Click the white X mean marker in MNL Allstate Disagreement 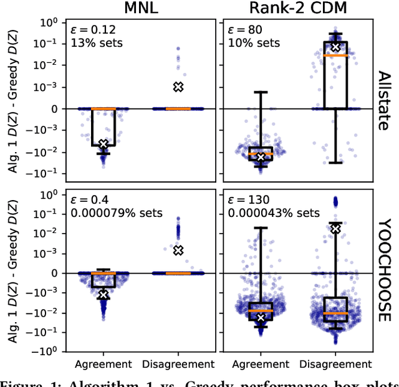point(178,87)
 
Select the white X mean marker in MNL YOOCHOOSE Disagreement point(178,250)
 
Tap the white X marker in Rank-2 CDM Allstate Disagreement point(336,47)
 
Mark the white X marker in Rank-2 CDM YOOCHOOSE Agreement point(261,318)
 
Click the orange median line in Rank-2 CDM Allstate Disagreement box point(336,55)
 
